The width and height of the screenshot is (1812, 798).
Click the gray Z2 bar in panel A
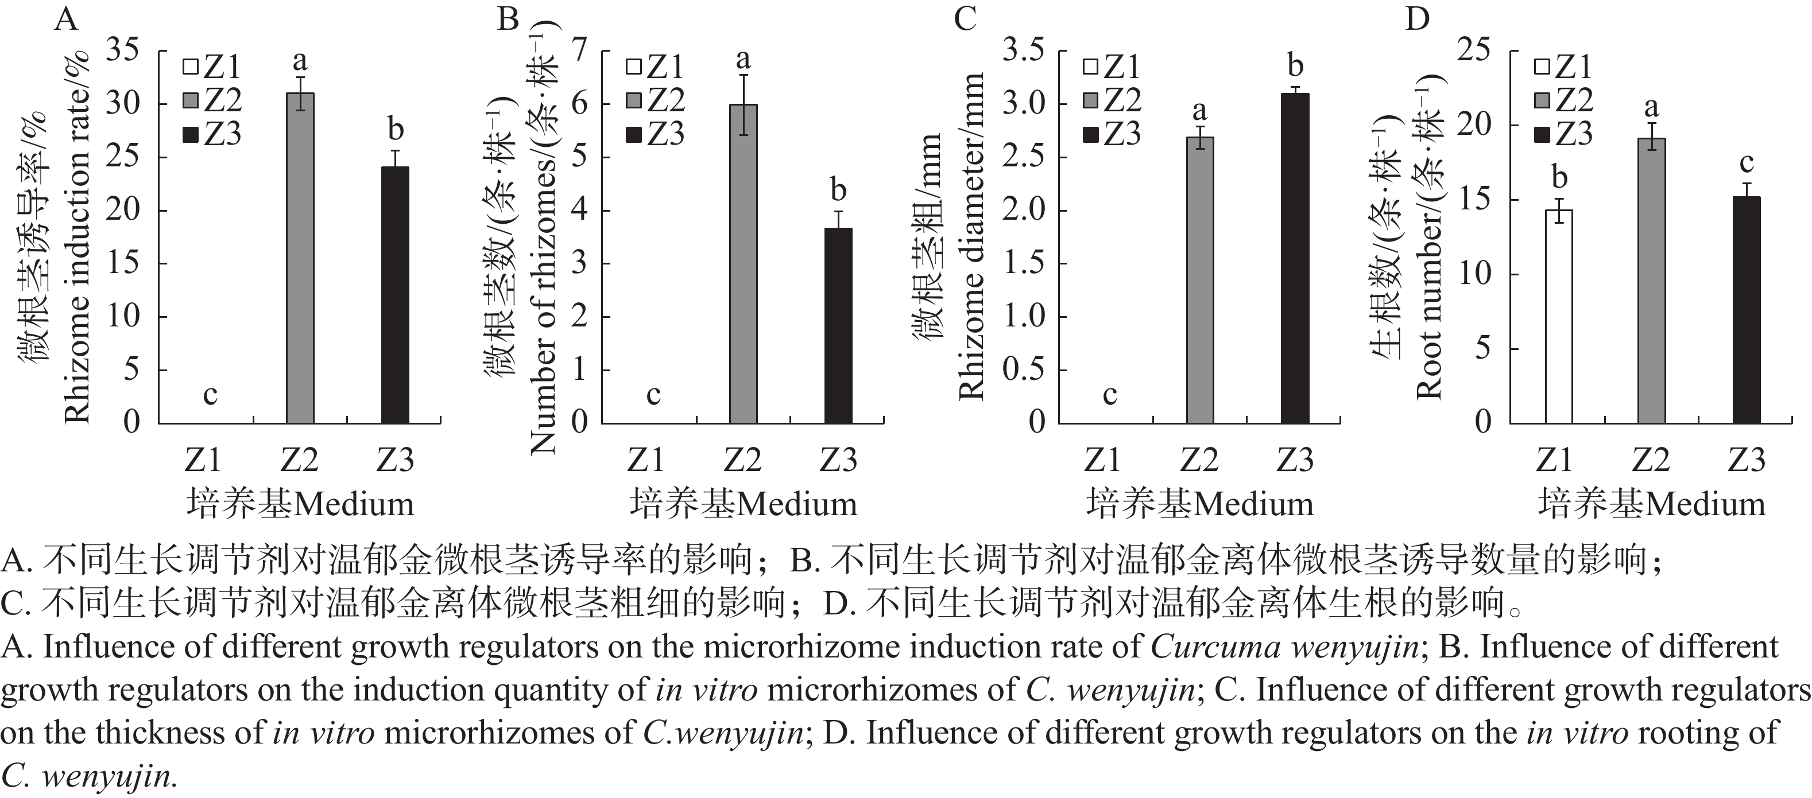300,258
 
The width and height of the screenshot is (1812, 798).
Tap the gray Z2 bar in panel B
743,264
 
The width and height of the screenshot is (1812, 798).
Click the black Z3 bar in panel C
1295,258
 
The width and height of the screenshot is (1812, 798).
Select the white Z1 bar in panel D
1559,316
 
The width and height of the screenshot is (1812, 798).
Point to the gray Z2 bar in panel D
1652,281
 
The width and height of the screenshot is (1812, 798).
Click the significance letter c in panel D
1747,162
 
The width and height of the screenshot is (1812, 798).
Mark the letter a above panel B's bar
744,60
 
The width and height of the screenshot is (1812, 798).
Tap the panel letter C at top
965,18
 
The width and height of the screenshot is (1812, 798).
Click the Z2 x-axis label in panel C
1199,460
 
